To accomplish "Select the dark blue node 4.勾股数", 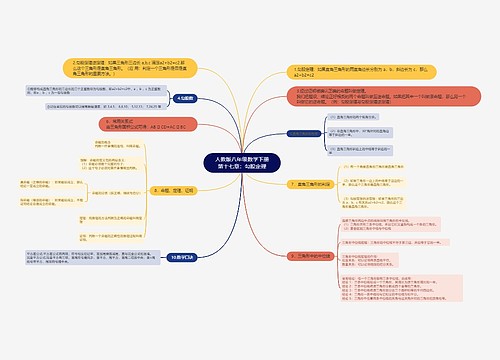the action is coord(184,99).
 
